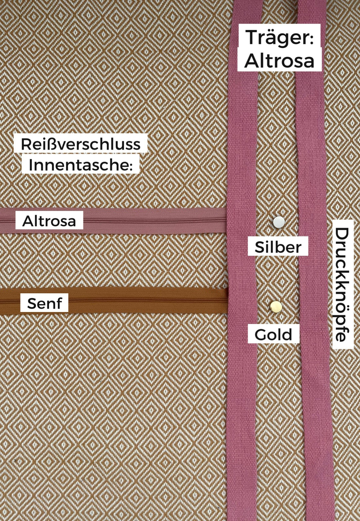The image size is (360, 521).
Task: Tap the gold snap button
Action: click(x=276, y=307)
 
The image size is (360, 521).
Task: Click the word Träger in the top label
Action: click(x=279, y=38)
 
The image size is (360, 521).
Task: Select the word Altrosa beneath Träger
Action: click(x=279, y=61)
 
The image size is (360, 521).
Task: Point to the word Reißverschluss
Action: click(x=80, y=144)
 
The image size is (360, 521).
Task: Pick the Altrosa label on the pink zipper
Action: click(x=49, y=221)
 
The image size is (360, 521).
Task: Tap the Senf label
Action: click(x=44, y=303)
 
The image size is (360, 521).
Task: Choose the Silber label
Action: click(x=278, y=247)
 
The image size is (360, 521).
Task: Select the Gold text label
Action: click(x=273, y=334)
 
